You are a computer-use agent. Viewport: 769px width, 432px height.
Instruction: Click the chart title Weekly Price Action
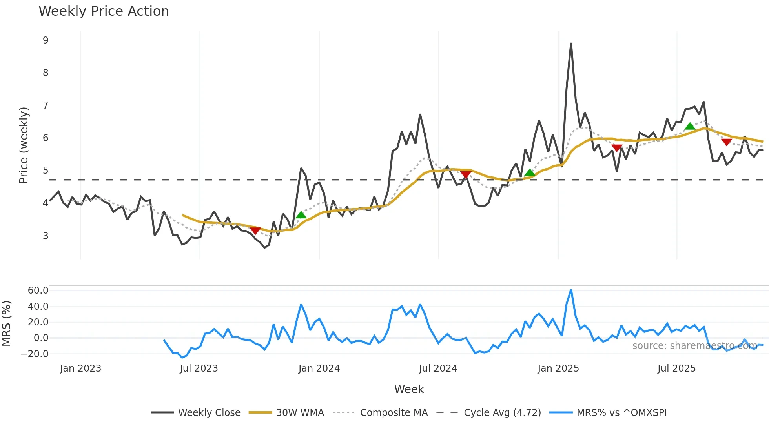[x=104, y=11]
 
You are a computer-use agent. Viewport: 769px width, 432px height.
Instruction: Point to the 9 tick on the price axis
[x=46, y=40]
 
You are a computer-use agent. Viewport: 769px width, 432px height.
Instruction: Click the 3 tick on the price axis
[x=46, y=236]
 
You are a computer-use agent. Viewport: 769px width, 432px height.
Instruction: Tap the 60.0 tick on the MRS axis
[x=38, y=290]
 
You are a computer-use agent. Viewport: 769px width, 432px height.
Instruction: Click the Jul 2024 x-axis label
[x=438, y=368]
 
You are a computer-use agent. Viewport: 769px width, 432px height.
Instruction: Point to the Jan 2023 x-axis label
[x=80, y=368]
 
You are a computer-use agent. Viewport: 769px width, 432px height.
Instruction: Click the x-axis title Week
[x=409, y=389]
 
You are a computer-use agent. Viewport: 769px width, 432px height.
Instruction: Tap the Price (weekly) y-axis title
[x=24, y=145]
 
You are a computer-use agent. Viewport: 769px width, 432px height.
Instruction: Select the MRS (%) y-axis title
[x=6, y=323]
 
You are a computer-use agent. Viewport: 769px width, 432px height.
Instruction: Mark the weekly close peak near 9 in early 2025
[x=571, y=44]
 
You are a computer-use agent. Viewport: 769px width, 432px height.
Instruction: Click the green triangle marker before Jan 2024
[x=301, y=215]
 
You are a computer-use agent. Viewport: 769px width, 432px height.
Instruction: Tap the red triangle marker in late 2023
[x=255, y=231]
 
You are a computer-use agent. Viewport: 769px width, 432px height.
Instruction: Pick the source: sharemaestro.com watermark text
[x=694, y=346]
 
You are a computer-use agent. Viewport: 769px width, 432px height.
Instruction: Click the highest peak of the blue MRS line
[x=571, y=290]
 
